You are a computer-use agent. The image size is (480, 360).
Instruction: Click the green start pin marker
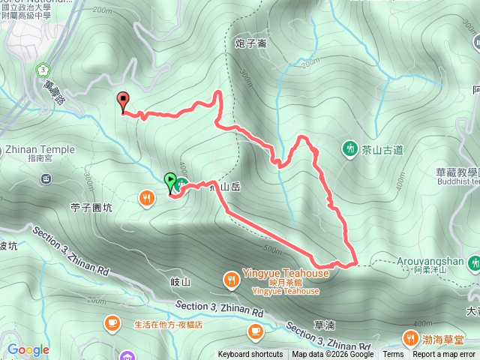[x=169, y=181]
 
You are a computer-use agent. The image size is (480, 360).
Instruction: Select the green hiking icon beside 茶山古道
[x=349, y=148]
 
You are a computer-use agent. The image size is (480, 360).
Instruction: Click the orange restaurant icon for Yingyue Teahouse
[x=232, y=280]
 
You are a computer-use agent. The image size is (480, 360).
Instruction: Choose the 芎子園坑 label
[x=91, y=208]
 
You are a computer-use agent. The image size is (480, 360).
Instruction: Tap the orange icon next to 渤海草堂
[x=411, y=337]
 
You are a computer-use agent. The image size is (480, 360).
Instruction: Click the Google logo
[x=28, y=349]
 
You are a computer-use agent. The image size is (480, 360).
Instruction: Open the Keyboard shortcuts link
[x=250, y=355]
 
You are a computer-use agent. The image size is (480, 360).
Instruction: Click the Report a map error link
[x=445, y=355]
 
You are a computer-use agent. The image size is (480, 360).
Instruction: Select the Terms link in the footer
[x=393, y=355]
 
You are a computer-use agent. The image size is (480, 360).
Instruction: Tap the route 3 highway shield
[x=40, y=69]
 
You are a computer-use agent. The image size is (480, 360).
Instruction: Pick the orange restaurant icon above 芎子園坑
[x=145, y=198]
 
